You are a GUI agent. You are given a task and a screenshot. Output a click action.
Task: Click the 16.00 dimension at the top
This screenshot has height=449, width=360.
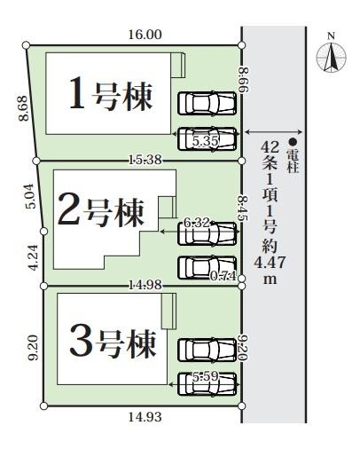(x=145, y=35)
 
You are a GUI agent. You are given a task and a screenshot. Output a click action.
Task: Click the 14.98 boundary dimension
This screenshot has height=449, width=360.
(x=144, y=284)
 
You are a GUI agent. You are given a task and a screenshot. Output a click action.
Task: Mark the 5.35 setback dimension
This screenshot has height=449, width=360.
(x=206, y=140)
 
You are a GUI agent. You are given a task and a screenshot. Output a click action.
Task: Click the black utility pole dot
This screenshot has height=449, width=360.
(x=292, y=140)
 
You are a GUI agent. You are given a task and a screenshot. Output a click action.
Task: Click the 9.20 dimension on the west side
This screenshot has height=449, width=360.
(x=33, y=346)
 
